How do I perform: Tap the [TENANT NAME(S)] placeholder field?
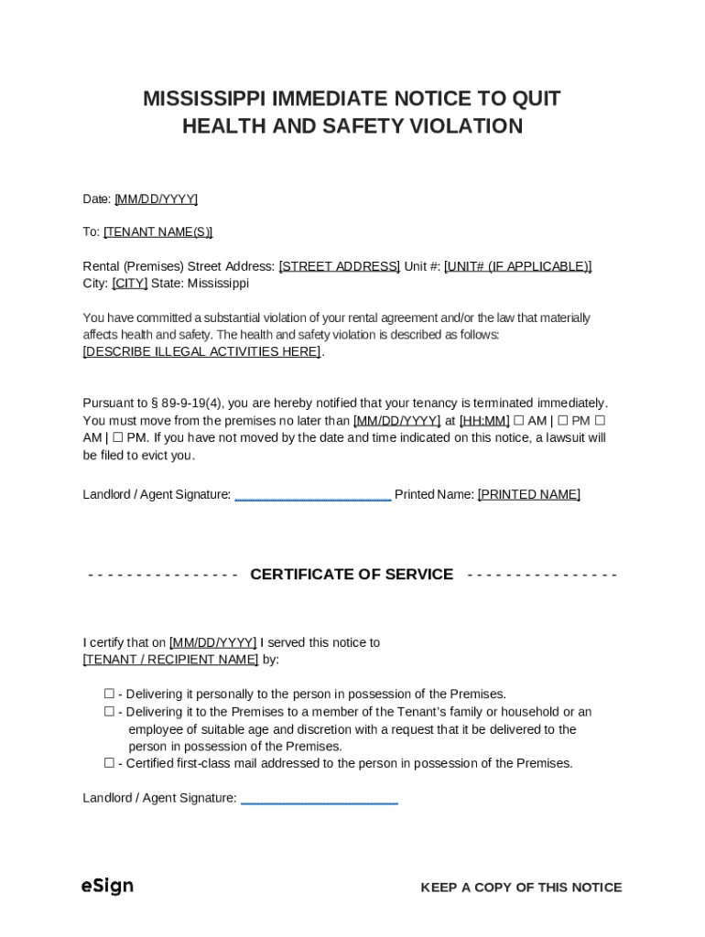[x=157, y=232]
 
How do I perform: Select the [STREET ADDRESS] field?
[x=339, y=266]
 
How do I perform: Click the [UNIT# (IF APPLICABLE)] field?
[x=517, y=266]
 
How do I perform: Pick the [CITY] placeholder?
[x=129, y=284]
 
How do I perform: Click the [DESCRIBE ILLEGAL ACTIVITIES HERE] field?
[x=201, y=352]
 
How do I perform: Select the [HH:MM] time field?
[x=484, y=421]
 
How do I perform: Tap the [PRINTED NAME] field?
[x=528, y=495]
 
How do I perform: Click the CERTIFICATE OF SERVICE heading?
[x=352, y=575]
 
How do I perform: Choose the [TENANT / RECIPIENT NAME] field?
[x=170, y=660]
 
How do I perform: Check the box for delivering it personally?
[x=109, y=695]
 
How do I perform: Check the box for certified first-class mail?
[x=109, y=763]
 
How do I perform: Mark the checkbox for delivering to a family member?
[x=109, y=712]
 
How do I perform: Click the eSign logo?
[x=107, y=886]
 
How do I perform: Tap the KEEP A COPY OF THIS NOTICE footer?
[x=521, y=888]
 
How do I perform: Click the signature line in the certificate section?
[x=319, y=801]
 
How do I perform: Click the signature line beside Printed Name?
[x=312, y=497]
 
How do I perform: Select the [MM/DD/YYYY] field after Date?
[x=156, y=199]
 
